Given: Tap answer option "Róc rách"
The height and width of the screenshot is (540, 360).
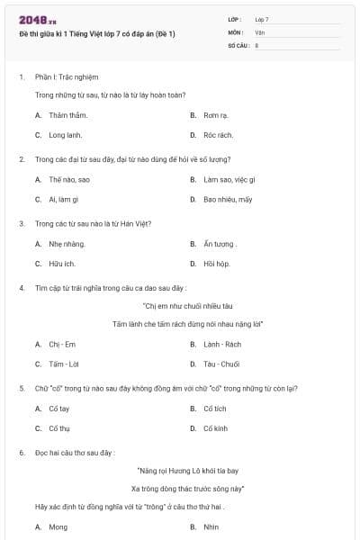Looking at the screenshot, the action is tap(218, 134).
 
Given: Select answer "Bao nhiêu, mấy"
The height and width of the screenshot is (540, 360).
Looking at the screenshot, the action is tap(228, 198).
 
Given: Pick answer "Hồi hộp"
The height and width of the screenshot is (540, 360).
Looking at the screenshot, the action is tap(216, 263).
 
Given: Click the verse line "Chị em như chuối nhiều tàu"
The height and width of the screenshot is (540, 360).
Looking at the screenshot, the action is tap(182, 306).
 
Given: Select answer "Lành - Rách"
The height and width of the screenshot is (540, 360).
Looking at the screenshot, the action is tap(221, 344).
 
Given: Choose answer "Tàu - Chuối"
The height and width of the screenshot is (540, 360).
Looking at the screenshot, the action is tap(221, 363).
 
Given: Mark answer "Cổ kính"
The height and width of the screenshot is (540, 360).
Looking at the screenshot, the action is tap(215, 427).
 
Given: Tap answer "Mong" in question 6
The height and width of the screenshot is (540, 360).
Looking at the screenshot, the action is tap(58, 526).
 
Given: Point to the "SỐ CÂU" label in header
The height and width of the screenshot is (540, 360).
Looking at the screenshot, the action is tap(238, 43).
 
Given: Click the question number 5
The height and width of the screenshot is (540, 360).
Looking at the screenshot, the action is tap(22, 388).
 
